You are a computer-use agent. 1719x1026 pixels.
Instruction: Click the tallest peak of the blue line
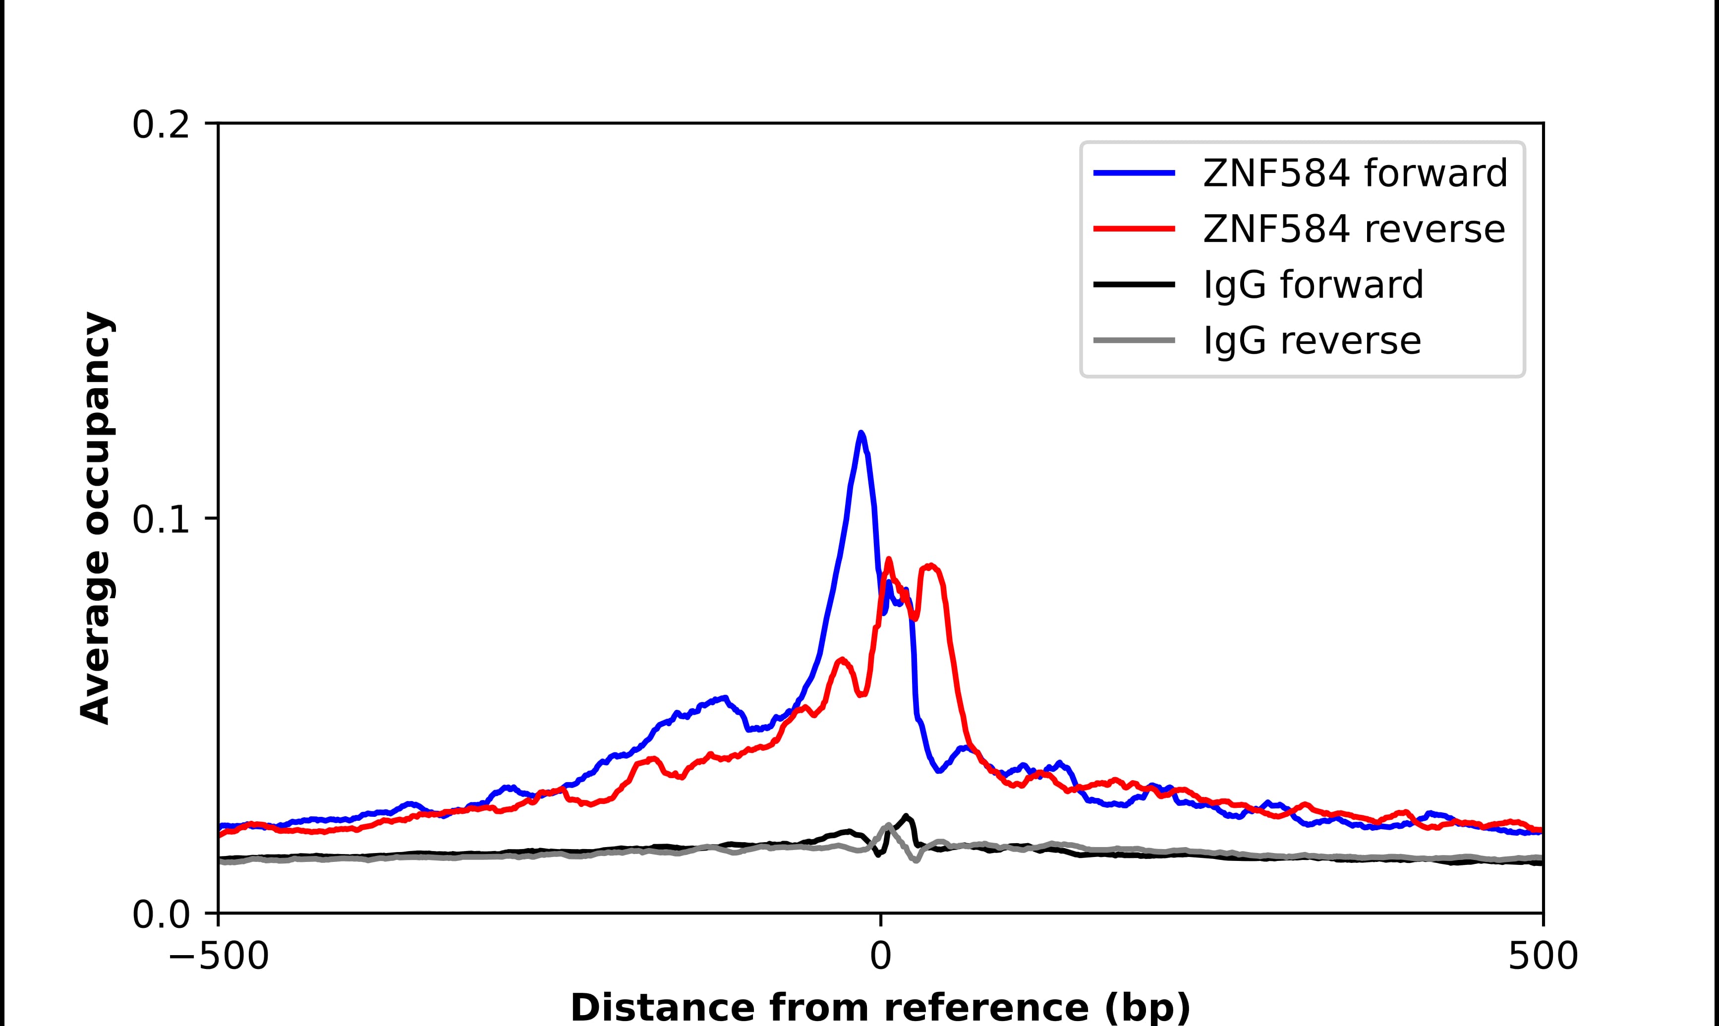tap(860, 434)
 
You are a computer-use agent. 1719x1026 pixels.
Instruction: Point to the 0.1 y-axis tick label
tap(161, 520)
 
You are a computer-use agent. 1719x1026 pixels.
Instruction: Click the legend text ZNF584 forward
tap(1355, 173)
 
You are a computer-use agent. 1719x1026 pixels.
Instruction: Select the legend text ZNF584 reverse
tap(1353, 229)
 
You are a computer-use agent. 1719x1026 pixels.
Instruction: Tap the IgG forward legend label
tap(1313, 285)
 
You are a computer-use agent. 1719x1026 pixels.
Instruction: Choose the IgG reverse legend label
tap(1312, 341)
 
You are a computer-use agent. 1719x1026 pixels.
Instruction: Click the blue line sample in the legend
tap(1134, 173)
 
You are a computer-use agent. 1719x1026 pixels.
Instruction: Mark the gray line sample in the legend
tap(1134, 340)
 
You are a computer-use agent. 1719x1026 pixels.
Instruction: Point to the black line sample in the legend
tap(1134, 284)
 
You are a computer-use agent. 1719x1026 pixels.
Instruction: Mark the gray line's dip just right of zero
tap(916, 860)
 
